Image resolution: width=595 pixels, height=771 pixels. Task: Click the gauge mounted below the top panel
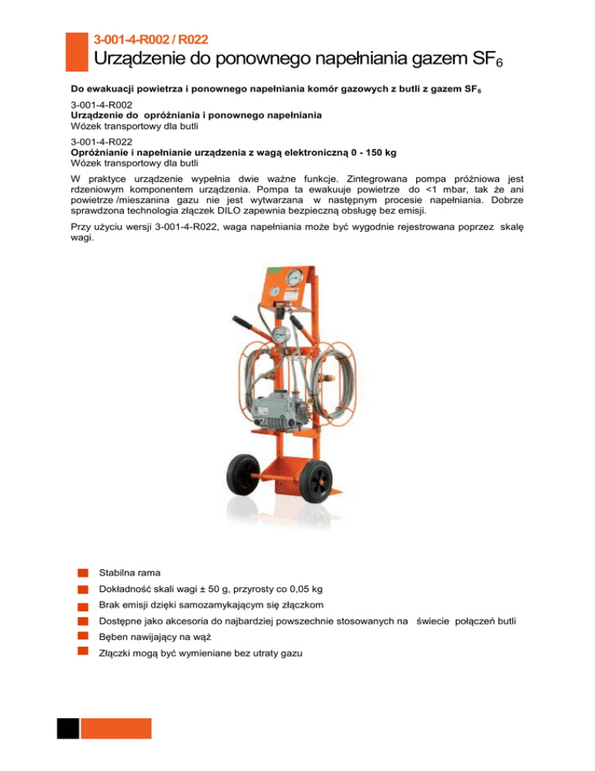tap(279, 334)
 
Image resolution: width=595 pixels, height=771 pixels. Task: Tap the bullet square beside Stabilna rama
tap(82, 573)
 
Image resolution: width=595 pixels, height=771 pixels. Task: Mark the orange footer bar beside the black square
tap(116, 728)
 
